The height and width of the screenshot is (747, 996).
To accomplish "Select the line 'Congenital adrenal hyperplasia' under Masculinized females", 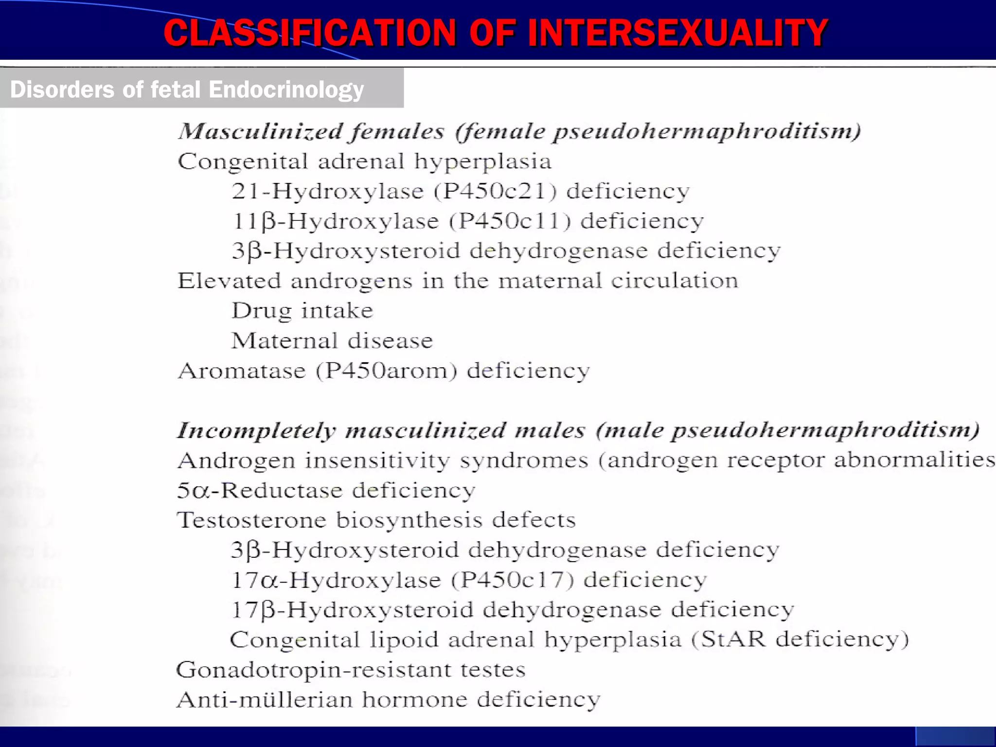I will click(365, 161).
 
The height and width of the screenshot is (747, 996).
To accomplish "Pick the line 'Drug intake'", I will click(302, 311).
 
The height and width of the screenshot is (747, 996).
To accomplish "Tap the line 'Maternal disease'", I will click(332, 341).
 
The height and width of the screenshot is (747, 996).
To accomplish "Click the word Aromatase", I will click(242, 371).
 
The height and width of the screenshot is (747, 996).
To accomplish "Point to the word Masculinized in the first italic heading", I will click(261, 131).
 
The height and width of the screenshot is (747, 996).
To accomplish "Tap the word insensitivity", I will click(377, 461).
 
